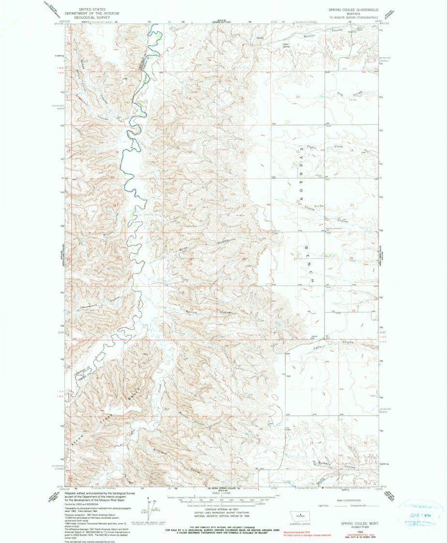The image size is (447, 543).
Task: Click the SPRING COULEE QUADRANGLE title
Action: click(349, 9)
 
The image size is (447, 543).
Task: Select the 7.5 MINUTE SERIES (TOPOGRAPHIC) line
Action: click(349, 17)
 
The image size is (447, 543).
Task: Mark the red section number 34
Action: click(298, 315)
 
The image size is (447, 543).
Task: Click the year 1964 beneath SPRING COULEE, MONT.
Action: click(359, 531)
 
